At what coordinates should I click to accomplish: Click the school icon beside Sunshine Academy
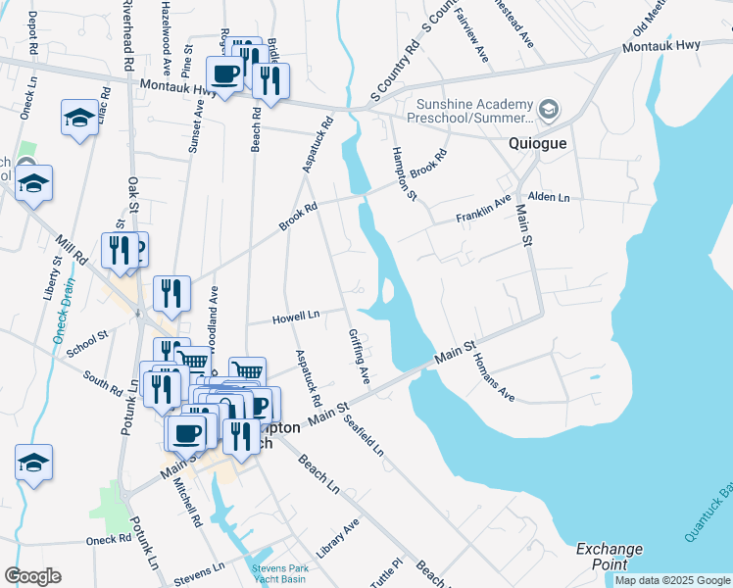point(549,108)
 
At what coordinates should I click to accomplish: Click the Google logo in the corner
point(32,575)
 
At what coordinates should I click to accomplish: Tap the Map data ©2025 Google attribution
point(672,580)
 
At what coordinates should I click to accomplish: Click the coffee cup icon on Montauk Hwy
point(225,73)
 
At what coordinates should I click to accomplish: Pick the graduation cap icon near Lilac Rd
point(79,119)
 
